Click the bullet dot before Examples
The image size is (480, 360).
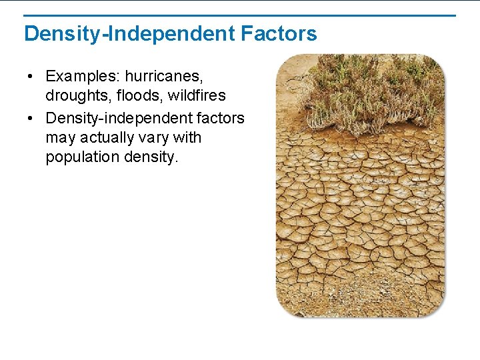click(x=31, y=76)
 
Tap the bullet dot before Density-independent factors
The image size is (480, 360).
click(x=31, y=119)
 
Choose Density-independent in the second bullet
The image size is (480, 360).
click(x=117, y=118)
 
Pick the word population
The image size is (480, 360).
click(x=82, y=157)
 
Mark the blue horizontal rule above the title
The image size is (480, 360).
click(x=240, y=15)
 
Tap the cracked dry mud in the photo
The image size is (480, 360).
click(x=360, y=220)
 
